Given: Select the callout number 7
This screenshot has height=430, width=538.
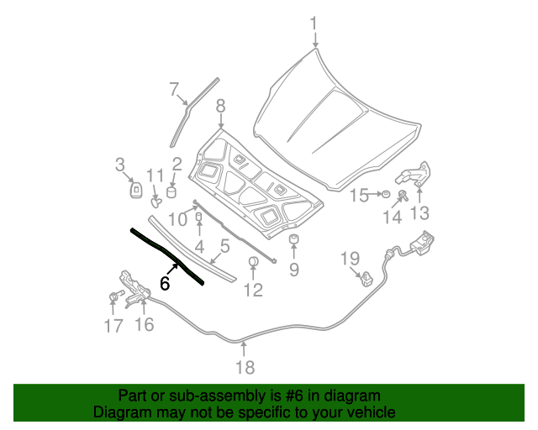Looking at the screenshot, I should coord(175,89).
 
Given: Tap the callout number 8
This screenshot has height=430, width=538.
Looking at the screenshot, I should coord(220,106).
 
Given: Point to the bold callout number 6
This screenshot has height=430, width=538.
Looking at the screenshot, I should coord(165,284).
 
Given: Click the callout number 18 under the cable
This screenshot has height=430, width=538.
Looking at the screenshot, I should coord(244,367).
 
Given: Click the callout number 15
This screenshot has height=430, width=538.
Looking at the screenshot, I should coord(359,196).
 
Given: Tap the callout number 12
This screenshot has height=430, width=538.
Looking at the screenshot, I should coord(253,291).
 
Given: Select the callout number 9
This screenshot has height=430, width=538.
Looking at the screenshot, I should coord(294,270).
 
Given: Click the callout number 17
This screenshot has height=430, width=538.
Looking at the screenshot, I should coord(113,326).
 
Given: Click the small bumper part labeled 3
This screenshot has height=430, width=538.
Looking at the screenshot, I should coord(134,190).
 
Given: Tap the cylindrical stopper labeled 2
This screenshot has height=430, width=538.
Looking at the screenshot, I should coord(172,192).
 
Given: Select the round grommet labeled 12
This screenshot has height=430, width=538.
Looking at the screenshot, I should coord(252,264).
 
